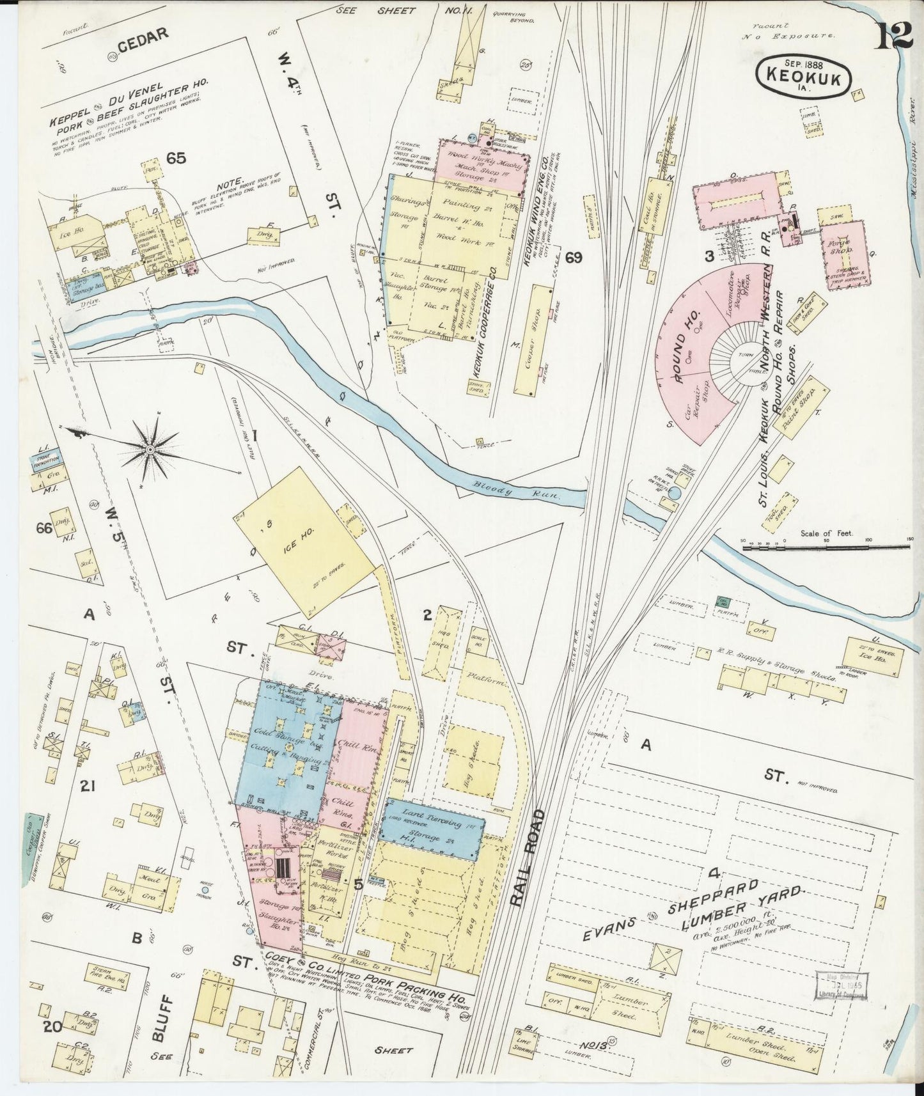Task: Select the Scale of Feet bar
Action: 826,548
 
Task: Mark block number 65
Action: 176,157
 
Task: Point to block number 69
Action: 573,258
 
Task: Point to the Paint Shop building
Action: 795,411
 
